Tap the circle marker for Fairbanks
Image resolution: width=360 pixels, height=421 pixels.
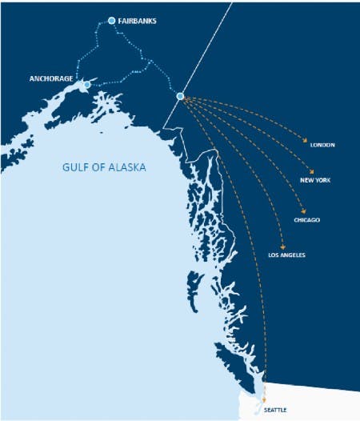(111, 21)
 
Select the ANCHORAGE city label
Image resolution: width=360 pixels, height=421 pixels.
(51, 79)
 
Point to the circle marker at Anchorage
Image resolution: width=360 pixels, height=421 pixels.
(87, 84)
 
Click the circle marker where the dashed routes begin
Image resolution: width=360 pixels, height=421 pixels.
(180, 97)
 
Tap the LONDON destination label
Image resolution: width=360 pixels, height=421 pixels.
(322, 145)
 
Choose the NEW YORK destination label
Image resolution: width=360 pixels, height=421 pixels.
(315, 180)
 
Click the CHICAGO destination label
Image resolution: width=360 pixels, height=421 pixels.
(306, 219)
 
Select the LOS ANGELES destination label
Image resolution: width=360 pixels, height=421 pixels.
(286, 255)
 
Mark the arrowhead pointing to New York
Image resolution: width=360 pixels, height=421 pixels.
(307, 170)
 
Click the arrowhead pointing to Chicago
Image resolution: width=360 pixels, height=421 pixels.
(303, 210)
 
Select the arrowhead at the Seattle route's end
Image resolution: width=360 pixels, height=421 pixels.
(265, 397)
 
